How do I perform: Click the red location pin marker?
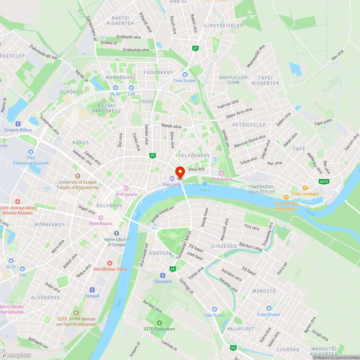coord(180,172)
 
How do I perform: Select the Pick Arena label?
coord(222,179)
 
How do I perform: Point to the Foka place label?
coord(204,190)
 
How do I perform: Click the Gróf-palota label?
coord(126,194)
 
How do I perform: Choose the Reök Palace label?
coord(101,223)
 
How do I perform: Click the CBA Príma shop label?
coord(215,315)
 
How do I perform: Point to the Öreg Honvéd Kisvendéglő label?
coord(286,206)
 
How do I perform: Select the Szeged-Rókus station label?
coord(18,130)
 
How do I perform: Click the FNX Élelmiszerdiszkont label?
coord(31,160)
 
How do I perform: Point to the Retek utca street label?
coord(171,126)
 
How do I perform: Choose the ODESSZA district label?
coord(160,253)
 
